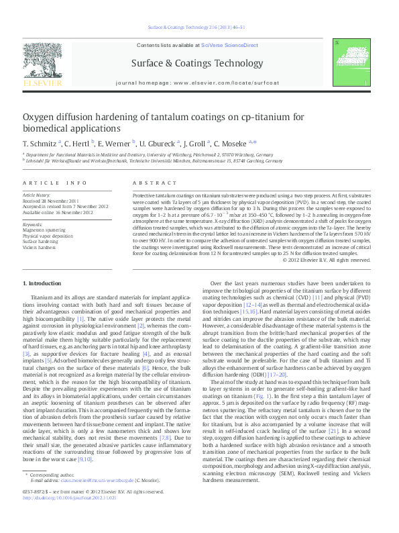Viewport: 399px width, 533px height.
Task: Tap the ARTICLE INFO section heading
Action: click(x=55, y=183)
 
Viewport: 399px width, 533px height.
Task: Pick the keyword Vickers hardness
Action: click(x=38, y=246)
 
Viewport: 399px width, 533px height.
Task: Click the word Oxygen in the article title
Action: click(x=40, y=118)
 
